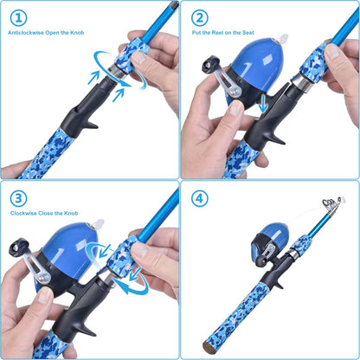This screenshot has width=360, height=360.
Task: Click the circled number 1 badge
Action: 18,16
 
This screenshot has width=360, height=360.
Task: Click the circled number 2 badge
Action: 200,16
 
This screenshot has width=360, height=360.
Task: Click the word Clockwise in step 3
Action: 25,213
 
